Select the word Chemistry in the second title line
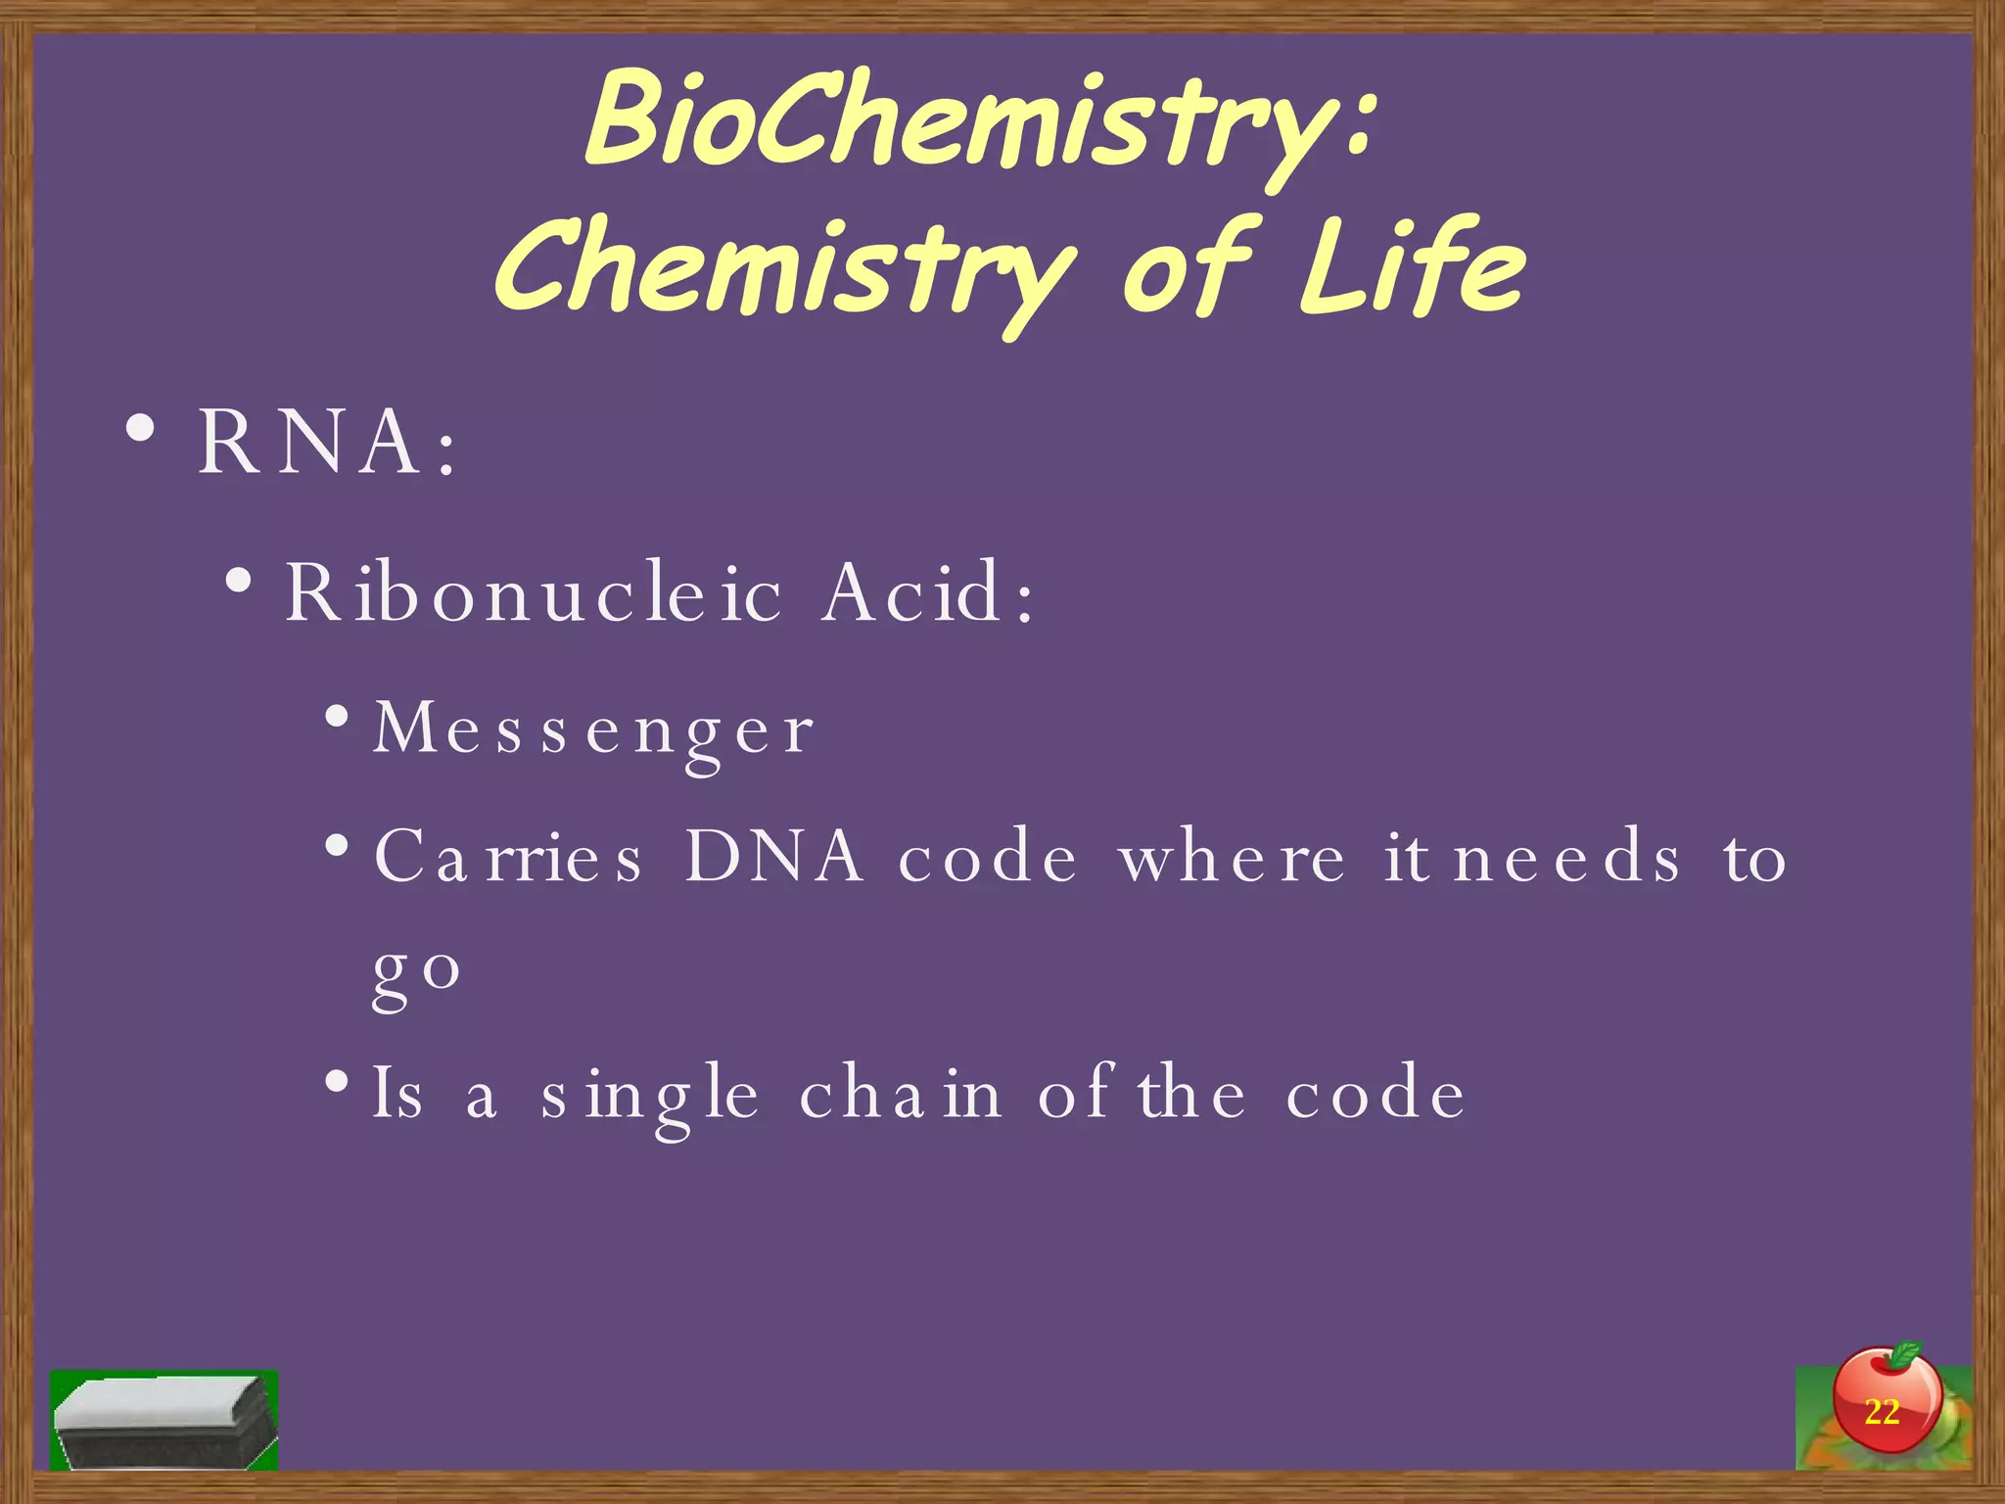tap(783, 269)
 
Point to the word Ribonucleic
tap(534, 591)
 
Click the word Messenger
tap(593, 730)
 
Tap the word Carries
tap(508, 857)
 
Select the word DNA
tap(773, 857)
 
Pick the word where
tap(1233, 857)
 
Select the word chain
tap(901, 1094)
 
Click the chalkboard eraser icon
tap(164, 1421)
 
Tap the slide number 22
tap(1882, 1412)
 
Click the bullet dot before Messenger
tap(338, 717)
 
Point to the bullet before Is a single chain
tap(338, 1082)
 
